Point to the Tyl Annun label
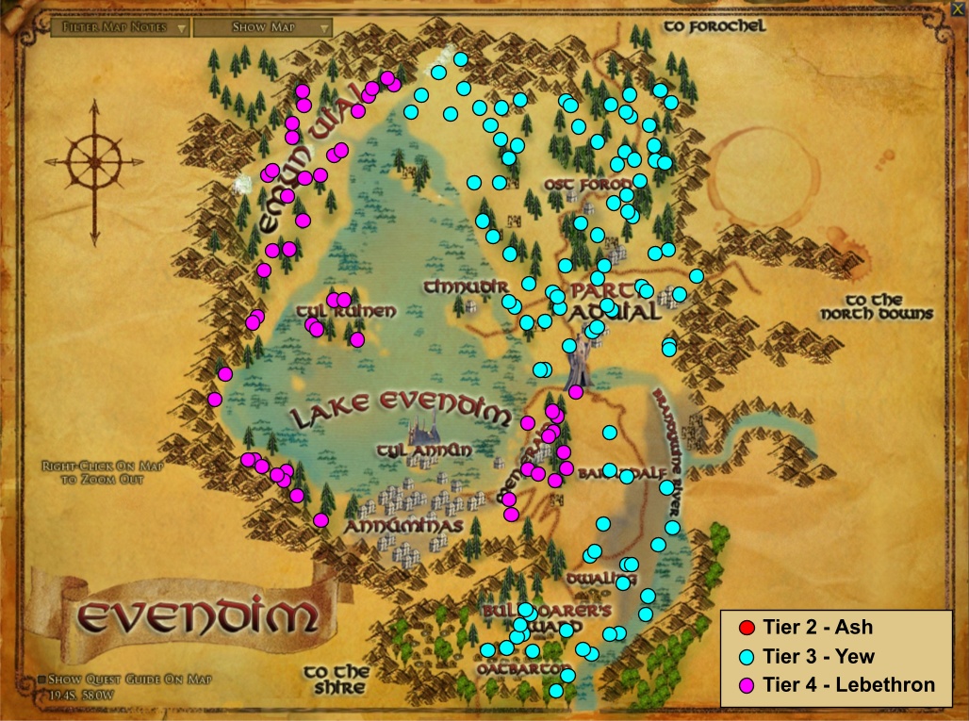click(x=423, y=451)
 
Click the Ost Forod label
click(x=580, y=184)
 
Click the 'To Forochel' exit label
click(x=714, y=26)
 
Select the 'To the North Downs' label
click(x=877, y=307)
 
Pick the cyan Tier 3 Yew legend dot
click(x=747, y=657)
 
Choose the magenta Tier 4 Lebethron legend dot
click(x=747, y=685)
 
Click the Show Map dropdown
click(x=263, y=27)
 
